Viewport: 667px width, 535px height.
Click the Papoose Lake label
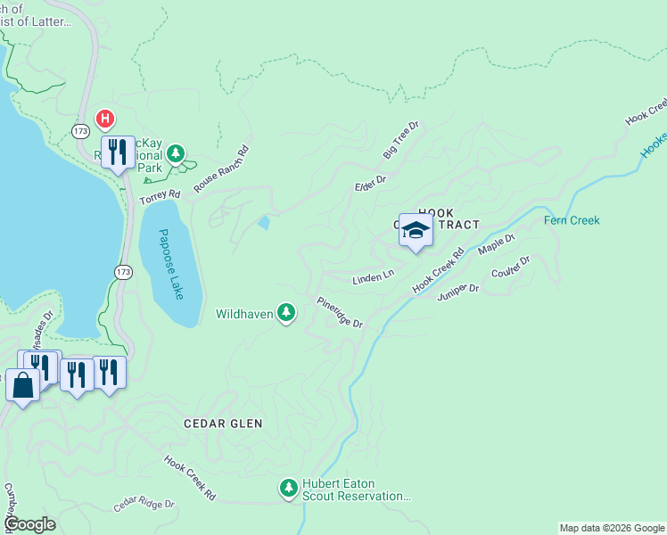point(169,264)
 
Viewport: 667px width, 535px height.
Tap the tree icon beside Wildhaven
point(286,313)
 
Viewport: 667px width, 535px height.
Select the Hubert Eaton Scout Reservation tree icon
point(288,488)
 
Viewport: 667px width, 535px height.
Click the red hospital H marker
point(105,119)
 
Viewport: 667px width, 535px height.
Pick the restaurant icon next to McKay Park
point(118,152)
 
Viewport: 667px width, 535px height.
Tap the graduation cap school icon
point(415,231)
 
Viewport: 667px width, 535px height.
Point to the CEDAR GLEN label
point(223,424)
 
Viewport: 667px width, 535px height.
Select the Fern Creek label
point(572,220)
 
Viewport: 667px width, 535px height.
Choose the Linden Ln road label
point(374,277)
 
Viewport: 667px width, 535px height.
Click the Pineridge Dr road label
point(341,312)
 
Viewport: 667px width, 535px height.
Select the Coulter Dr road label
point(511,267)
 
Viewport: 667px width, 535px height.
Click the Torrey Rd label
point(160,196)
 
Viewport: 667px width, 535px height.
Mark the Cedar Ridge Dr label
point(144,505)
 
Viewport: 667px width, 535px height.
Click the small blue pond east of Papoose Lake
point(263,222)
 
